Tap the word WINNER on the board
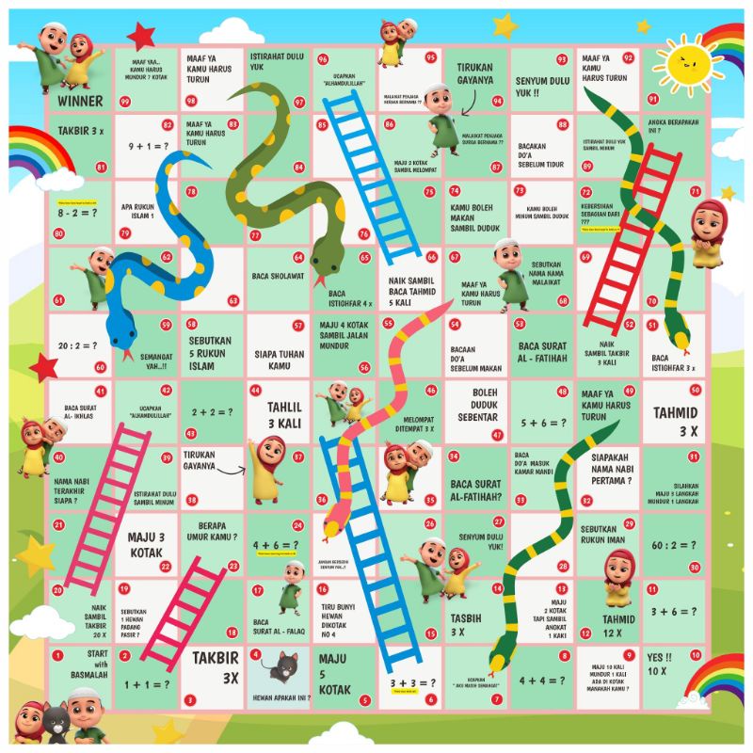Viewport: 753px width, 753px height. [80, 100]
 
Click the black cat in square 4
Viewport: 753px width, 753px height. [280, 667]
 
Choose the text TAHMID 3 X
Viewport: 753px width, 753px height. [675, 420]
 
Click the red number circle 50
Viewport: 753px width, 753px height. [695, 391]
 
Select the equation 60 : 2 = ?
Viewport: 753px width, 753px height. [675, 546]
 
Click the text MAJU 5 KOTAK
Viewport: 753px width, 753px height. [334, 673]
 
